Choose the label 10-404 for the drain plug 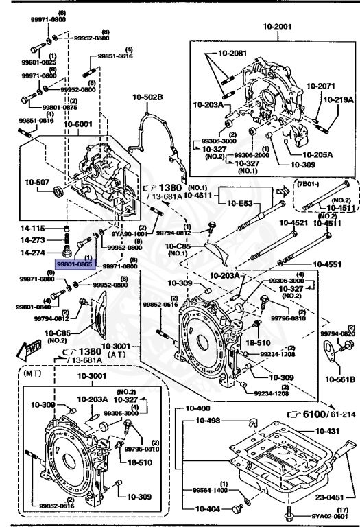point(209,509)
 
